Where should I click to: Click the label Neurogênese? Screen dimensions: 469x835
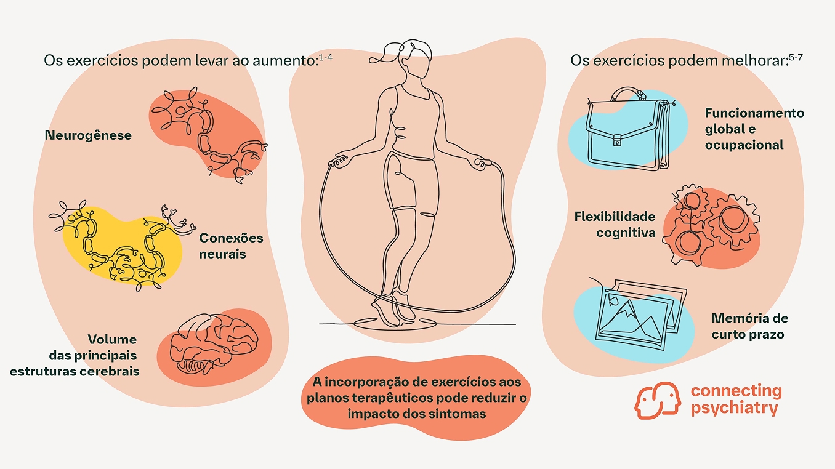pos(88,135)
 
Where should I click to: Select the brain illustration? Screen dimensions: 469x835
pos(214,343)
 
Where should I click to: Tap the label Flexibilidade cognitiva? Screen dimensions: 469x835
pos(615,225)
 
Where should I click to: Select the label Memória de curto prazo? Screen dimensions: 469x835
pos(749,326)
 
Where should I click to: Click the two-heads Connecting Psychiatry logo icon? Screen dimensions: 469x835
pos(658,400)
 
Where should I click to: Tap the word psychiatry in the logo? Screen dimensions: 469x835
pos(734,408)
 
